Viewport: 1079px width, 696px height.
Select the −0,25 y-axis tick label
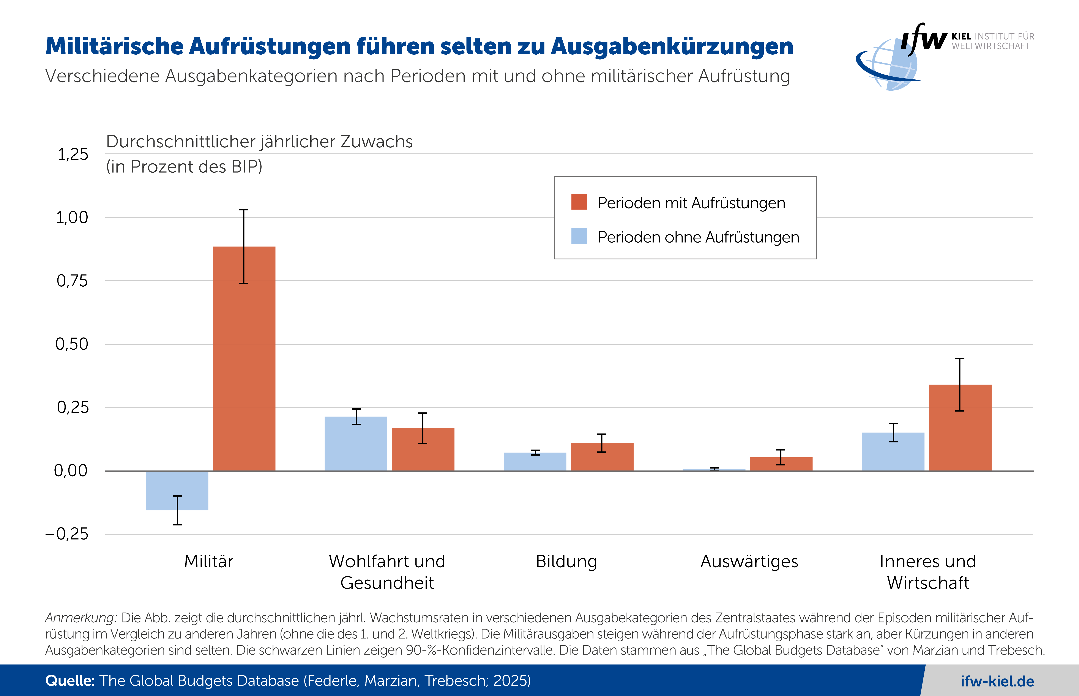point(67,534)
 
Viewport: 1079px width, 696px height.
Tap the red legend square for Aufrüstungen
point(579,202)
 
